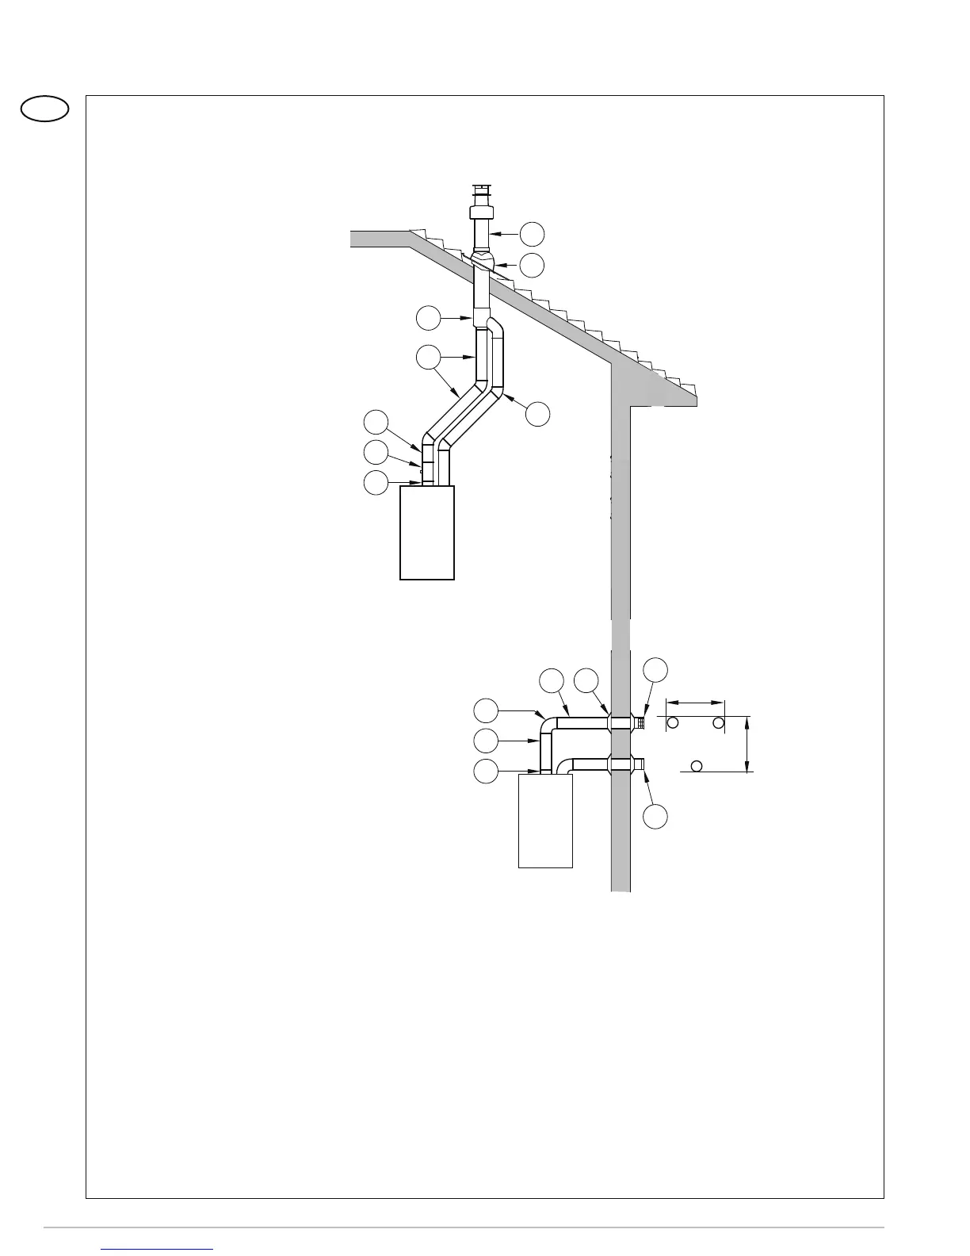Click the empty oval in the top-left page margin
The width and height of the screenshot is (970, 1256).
[x=45, y=109]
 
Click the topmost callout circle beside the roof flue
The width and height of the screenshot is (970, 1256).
[x=533, y=233]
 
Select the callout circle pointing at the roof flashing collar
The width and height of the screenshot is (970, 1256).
[x=533, y=266]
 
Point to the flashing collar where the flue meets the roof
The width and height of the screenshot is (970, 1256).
[x=482, y=261]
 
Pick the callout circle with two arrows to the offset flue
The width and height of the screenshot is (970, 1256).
[x=428, y=357]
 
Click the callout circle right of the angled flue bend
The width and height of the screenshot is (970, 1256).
[x=538, y=413]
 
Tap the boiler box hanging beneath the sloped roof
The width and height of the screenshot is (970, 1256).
[x=427, y=533]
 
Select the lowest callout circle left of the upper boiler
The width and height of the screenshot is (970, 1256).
[x=376, y=482]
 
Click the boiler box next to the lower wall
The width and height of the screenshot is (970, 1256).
[x=545, y=821]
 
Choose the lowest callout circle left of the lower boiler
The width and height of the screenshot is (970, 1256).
[x=486, y=770]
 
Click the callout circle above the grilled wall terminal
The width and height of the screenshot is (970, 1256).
[x=655, y=668]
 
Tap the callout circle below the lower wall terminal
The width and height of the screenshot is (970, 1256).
[x=655, y=817]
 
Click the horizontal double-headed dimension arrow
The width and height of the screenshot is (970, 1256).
[x=695, y=702]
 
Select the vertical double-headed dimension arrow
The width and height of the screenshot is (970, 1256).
[x=748, y=743]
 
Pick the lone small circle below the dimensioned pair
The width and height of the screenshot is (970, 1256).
[x=697, y=766]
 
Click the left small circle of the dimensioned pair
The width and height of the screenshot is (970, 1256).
[x=673, y=722]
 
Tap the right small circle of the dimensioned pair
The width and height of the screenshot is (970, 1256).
[x=718, y=722]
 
